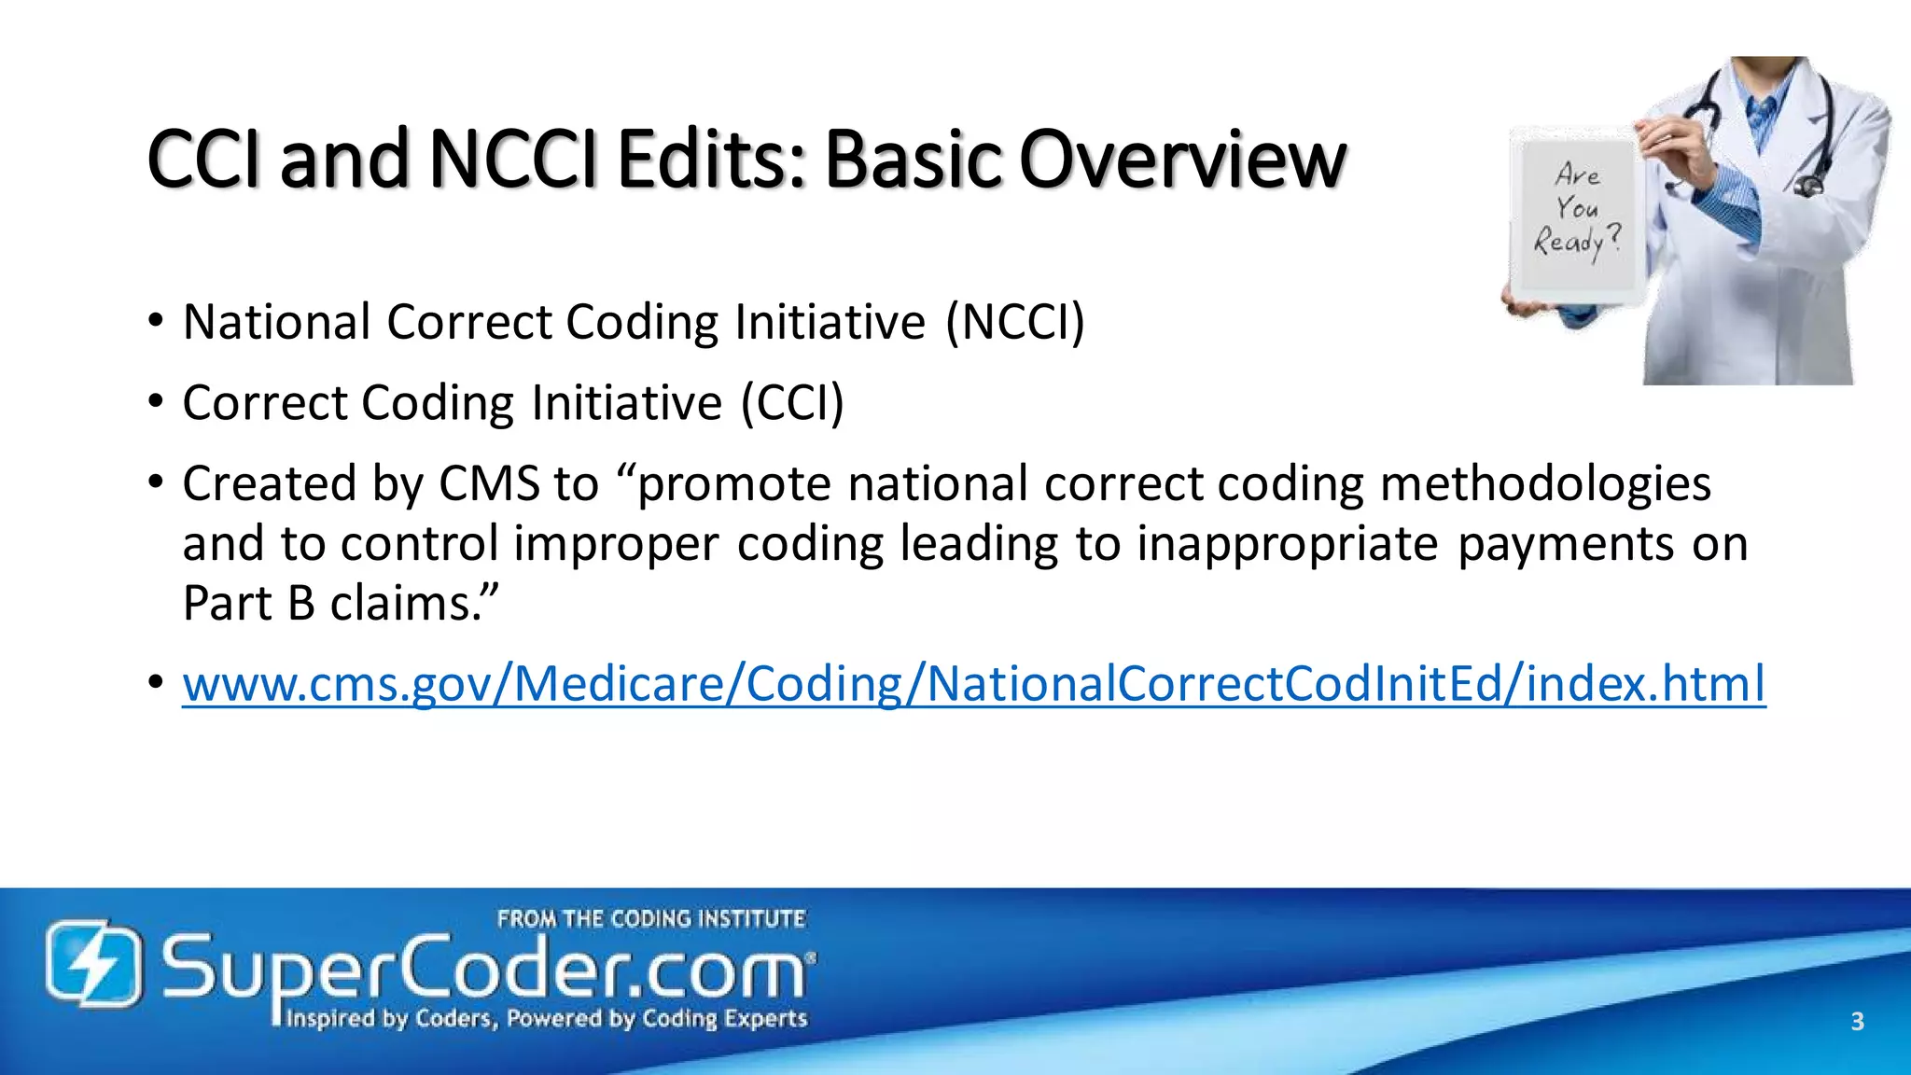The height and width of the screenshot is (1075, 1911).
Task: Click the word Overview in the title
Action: [1182, 160]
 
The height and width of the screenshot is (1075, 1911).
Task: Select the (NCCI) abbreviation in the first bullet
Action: [1015, 323]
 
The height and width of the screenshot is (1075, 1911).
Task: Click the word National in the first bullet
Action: [277, 323]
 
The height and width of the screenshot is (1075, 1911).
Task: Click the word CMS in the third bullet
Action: [489, 484]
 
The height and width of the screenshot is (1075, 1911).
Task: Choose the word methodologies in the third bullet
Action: [1545, 484]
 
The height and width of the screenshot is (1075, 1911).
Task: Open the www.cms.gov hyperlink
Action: [973, 684]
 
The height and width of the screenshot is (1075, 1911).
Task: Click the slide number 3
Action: [1857, 1021]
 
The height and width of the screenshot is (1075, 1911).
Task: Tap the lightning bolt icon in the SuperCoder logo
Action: [94, 963]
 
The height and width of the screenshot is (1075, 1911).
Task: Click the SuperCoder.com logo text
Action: [485, 970]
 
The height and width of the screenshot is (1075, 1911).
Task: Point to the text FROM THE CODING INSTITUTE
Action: [650, 919]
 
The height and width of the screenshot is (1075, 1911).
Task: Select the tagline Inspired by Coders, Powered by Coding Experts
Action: [546, 1018]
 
